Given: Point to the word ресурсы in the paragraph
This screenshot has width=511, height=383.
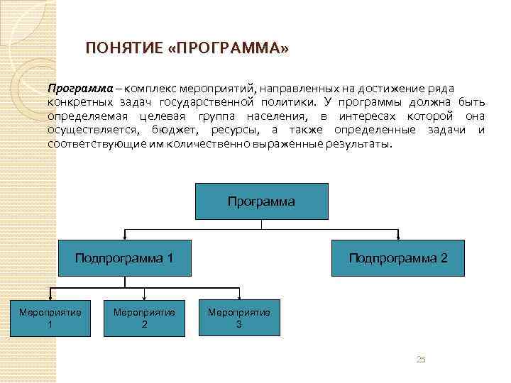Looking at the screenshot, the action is click(239, 131).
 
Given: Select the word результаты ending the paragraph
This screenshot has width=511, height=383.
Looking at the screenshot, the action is click(357, 144).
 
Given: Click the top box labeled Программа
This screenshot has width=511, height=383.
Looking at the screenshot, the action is click(261, 201).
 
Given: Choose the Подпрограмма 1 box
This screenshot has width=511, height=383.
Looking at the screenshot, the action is click(124, 257).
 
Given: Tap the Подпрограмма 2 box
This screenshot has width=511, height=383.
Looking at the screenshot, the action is click(397, 257).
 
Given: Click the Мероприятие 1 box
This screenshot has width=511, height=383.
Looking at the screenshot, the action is click(50, 318).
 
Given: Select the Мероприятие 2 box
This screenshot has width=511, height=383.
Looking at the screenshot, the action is click(145, 318).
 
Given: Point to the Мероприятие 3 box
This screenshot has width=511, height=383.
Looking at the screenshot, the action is click(239, 318).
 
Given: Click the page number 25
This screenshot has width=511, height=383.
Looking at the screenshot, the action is click(421, 360).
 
